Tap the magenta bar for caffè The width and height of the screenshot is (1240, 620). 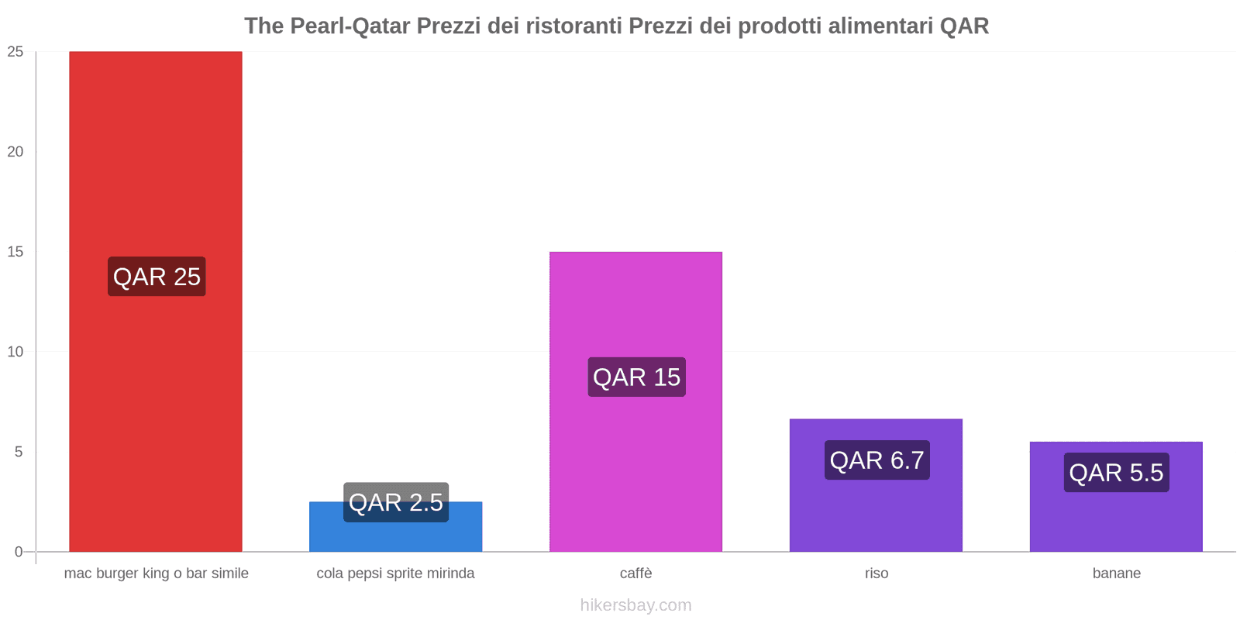pyautogui.click(x=635, y=465)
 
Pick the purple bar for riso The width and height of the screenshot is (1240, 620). pyautogui.click(x=876, y=511)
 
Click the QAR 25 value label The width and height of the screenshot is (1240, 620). pyautogui.click(x=157, y=277)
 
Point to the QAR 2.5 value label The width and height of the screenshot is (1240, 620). pyautogui.click(x=396, y=502)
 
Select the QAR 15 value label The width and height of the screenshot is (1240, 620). pyautogui.click(x=636, y=377)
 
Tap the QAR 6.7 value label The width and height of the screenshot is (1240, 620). pyautogui.click(x=877, y=460)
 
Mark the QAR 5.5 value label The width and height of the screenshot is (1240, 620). pyautogui.click(x=1116, y=473)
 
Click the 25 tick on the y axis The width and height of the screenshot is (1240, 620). pyautogui.click(x=15, y=52)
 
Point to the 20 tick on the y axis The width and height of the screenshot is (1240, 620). pyautogui.click(x=15, y=152)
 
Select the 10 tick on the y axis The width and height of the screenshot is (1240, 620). pyautogui.click(x=15, y=352)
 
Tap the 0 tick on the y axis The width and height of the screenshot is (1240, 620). pyautogui.click(x=19, y=552)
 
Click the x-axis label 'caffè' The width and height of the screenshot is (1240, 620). pyautogui.click(x=635, y=573)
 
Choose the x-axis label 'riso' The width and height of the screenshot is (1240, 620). pyautogui.click(x=877, y=573)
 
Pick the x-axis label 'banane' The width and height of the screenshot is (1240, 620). pyautogui.click(x=1116, y=573)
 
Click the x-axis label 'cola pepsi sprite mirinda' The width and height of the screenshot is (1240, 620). pyautogui.click(x=395, y=573)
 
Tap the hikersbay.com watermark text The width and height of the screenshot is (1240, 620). pyautogui.click(x=635, y=605)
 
